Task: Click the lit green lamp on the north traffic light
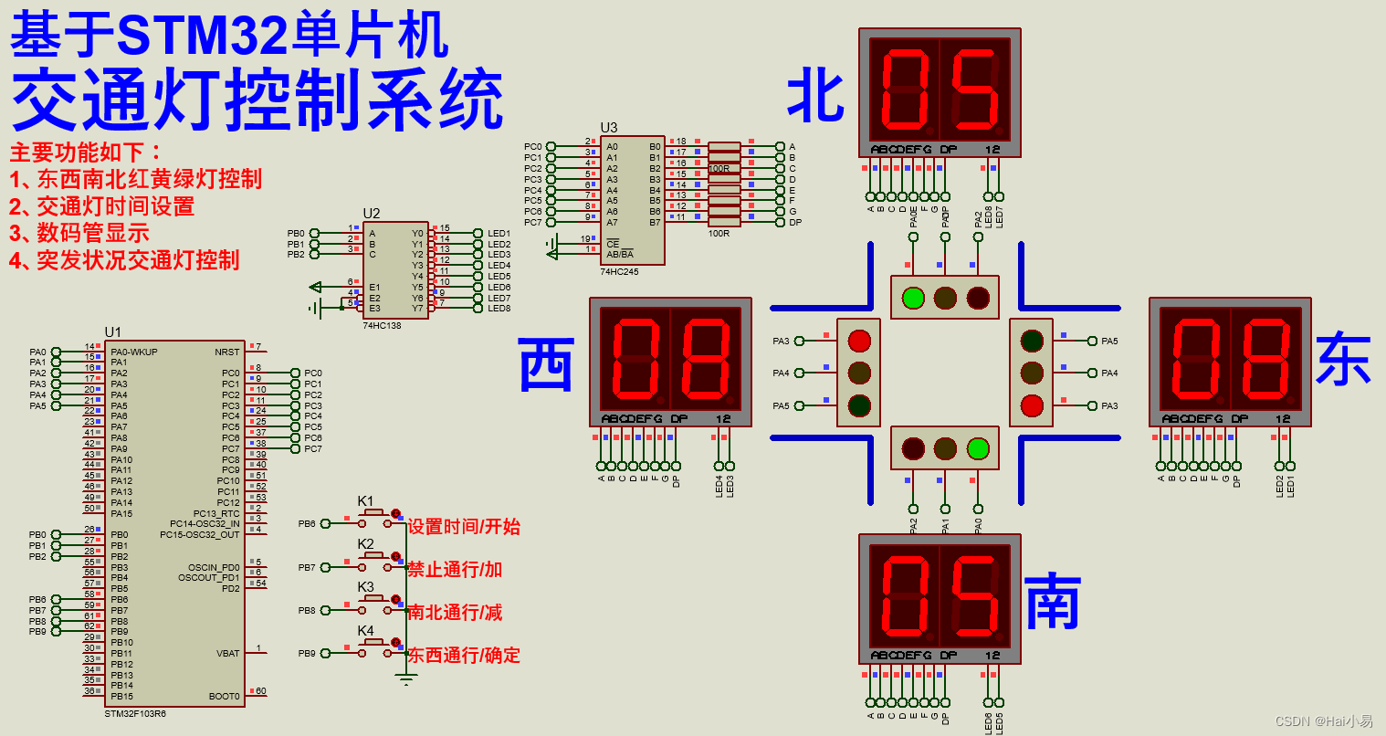pos(913,298)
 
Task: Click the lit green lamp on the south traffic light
pos(978,448)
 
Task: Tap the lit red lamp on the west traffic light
pos(859,341)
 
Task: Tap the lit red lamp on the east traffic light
pos(1032,405)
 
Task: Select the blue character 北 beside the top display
pos(815,95)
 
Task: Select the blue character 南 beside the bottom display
pos(1053,602)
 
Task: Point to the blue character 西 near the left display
pos(546,363)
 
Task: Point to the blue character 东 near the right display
pos(1343,360)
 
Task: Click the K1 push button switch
pos(373,514)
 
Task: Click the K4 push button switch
pos(373,644)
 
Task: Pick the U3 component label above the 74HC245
pos(609,128)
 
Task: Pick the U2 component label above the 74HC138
pos(372,214)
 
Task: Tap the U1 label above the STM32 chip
pos(112,332)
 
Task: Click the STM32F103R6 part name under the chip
pos(135,714)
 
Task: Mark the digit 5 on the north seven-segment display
pos(974,89)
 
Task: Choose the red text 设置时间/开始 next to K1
pos(463,527)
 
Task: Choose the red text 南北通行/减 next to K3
pos(455,613)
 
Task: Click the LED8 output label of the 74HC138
pos(499,309)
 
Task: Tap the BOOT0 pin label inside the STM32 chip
pos(224,697)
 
